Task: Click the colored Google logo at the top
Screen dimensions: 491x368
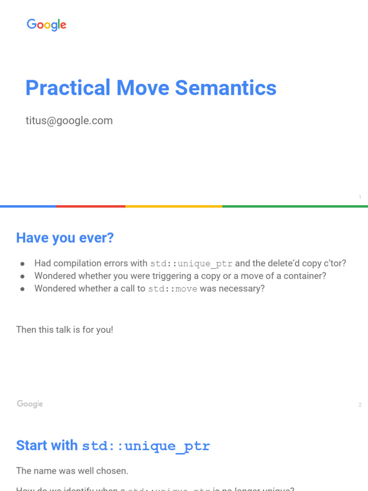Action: click(x=46, y=25)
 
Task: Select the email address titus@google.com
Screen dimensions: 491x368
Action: click(x=69, y=120)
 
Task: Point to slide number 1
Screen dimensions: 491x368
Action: click(x=359, y=197)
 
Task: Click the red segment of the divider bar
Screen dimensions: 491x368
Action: click(x=91, y=206)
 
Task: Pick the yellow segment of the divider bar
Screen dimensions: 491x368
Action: click(x=173, y=206)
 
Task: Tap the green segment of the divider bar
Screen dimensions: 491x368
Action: click(x=295, y=206)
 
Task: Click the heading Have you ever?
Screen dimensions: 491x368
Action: click(x=65, y=238)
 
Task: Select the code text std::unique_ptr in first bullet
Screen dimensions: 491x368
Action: click(x=192, y=263)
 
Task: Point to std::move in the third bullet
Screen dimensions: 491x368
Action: click(x=172, y=289)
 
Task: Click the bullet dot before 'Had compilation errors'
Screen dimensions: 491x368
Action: click(x=22, y=264)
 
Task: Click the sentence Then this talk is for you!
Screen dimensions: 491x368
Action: click(x=65, y=329)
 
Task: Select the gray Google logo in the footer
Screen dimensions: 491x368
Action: click(x=30, y=404)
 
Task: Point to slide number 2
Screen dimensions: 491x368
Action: click(x=359, y=405)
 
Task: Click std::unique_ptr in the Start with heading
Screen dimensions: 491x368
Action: click(x=146, y=446)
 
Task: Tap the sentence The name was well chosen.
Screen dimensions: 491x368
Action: click(x=72, y=471)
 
